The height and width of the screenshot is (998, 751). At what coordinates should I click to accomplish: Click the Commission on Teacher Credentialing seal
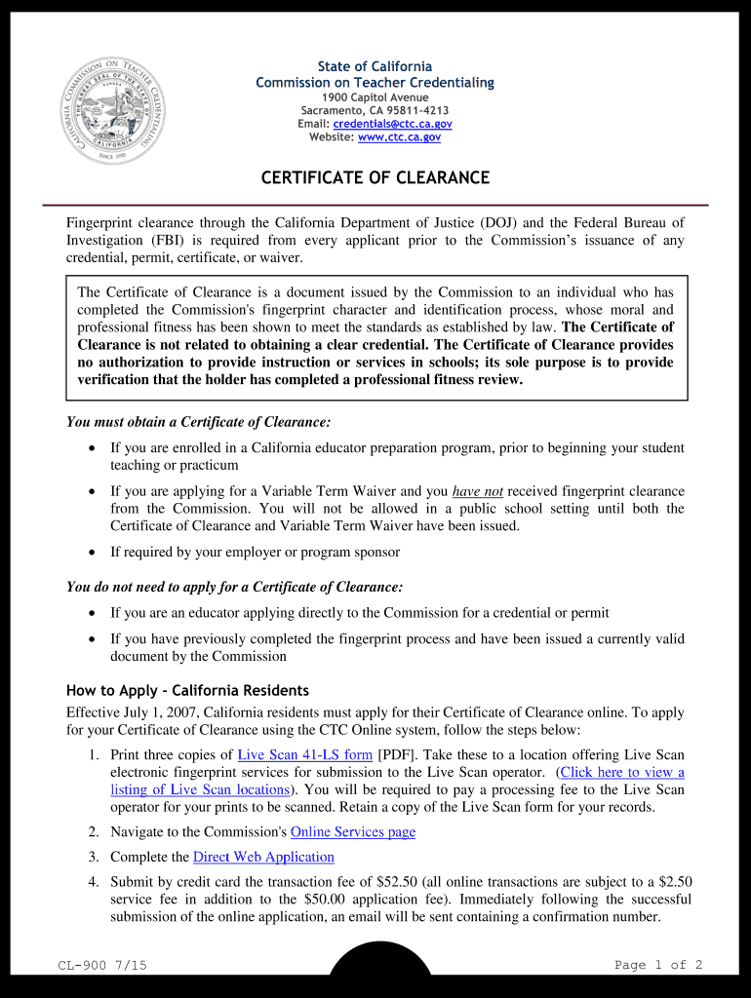pyautogui.click(x=107, y=109)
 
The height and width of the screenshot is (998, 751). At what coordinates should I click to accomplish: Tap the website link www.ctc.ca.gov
pyautogui.click(x=399, y=137)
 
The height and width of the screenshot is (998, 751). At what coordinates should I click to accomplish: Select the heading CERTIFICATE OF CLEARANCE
pyautogui.click(x=375, y=178)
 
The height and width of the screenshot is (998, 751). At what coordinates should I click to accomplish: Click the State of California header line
pyautogui.click(x=375, y=66)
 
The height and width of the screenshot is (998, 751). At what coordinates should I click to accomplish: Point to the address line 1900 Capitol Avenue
pyautogui.click(x=375, y=97)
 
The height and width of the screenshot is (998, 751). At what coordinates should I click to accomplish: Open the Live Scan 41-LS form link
pyautogui.click(x=304, y=755)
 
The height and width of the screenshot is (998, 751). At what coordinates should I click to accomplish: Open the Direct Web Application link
pyautogui.click(x=263, y=857)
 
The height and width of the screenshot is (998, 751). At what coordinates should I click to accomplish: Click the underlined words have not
pyautogui.click(x=478, y=491)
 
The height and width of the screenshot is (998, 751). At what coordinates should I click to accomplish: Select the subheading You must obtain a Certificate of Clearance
pyautogui.click(x=198, y=422)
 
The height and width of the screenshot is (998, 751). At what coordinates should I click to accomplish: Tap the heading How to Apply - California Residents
pyautogui.click(x=187, y=691)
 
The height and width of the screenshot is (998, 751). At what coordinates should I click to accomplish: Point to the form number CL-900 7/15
pyautogui.click(x=102, y=965)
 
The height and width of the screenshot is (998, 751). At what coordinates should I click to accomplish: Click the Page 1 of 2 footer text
pyautogui.click(x=658, y=965)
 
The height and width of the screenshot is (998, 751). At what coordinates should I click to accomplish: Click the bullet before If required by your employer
pyautogui.click(x=92, y=553)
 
